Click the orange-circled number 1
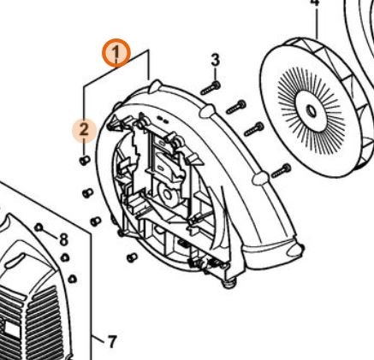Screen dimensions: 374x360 click(x=116, y=53)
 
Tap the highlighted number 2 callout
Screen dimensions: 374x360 click(x=84, y=130)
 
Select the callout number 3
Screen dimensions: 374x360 click(x=216, y=61)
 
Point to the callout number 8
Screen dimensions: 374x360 click(x=63, y=239)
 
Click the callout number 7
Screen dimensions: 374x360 click(x=112, y=341)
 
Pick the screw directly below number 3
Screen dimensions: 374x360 click(x=211, y=88)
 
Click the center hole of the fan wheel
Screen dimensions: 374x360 click(x=311, y=111)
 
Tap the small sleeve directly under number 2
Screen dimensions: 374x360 click(x=85, y=161)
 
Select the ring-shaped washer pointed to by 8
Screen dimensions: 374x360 click(x=39, y=227)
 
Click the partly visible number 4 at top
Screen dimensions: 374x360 click(x=314, y=3)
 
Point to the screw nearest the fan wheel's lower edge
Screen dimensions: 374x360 click(x=281, y=171)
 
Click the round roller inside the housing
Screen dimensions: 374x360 click(x=168, y=195)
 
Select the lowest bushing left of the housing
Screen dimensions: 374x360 click(x=132, y=257)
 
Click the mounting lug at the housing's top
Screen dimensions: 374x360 click(x=155, y=86)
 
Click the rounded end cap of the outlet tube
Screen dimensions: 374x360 click(x=295, y=249)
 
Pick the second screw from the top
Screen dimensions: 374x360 click(x=236, y=107)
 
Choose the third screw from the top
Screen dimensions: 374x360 click(x=254, y=129)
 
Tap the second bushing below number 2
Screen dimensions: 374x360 click(x=88, y=193)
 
